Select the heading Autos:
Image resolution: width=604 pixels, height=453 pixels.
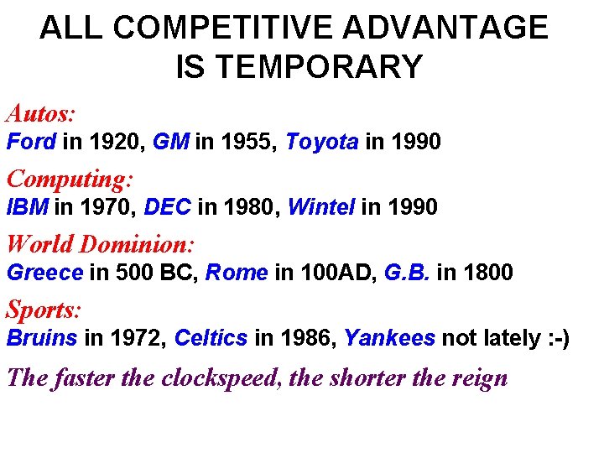click(x=41, y=113)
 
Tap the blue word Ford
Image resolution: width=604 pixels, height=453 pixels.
click(x=31, y=142)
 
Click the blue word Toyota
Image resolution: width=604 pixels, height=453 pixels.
click(x=322, y=142)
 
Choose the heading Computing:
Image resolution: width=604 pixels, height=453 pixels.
click(x=70, y=179)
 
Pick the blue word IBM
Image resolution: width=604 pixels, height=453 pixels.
click(x=28, y=206)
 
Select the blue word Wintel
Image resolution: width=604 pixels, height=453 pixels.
click(x=321, y=206)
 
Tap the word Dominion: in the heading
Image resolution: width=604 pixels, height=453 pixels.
click(x=137, y=244)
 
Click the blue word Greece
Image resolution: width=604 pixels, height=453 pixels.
click(x=44, y=273)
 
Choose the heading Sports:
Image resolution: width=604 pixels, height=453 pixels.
click(x=44, y=310)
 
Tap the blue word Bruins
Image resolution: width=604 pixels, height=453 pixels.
click(x=42, y=338)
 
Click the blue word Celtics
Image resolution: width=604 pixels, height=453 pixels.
click(x=211, y=338)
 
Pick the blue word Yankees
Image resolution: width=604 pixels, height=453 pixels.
click(x=389, y=338)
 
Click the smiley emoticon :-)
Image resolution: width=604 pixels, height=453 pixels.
click(x=555, y=338)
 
